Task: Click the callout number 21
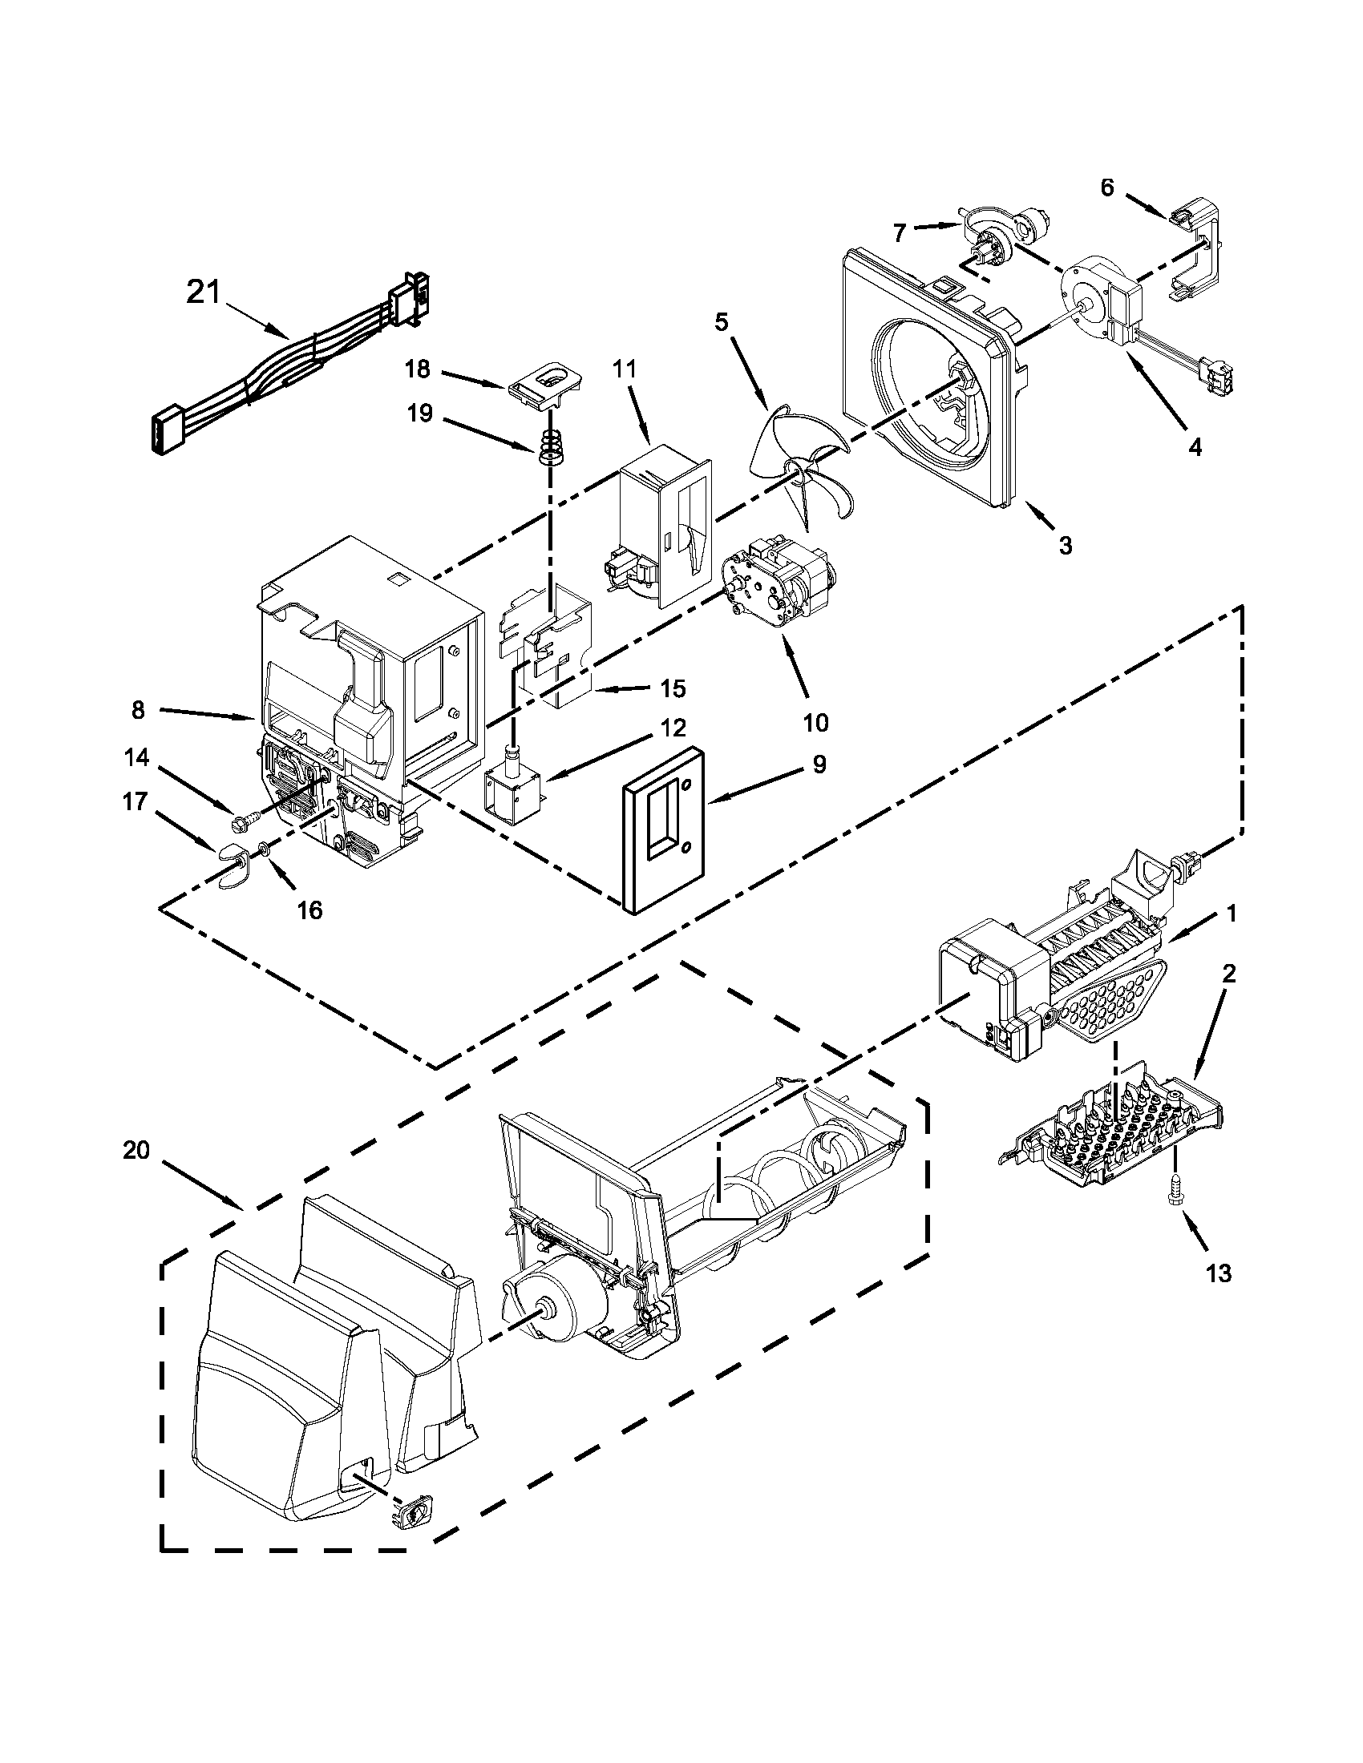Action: pos(203,292)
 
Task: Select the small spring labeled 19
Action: pos(550,446)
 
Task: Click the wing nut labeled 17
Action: pos(235,862)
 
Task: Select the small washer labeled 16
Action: pos(264,848)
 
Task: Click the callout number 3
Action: pos(1065,545)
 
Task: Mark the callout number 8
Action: pos(138,709)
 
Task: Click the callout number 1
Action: pos(1231,913)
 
